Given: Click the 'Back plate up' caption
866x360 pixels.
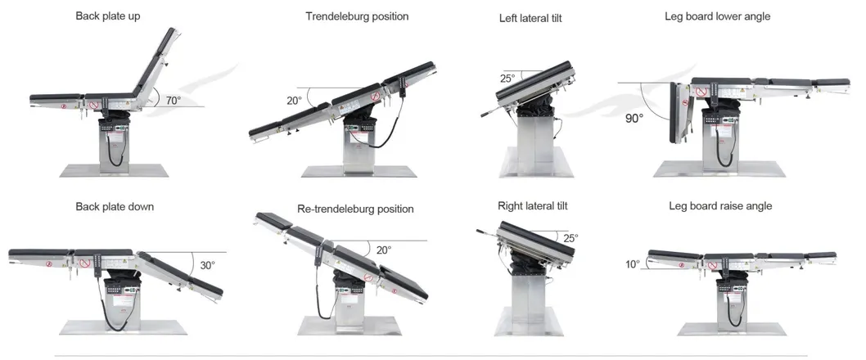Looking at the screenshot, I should [109, 16].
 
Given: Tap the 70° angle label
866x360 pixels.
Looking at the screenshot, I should [173, 101].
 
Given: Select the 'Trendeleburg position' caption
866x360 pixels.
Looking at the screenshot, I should [357, 16].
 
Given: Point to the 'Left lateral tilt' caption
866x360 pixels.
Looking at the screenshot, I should [530, 18].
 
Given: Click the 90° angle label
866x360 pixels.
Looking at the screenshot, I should [634, 118].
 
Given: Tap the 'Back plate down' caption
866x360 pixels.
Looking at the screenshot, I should [115, 207].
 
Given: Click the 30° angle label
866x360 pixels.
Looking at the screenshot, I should [207, 265].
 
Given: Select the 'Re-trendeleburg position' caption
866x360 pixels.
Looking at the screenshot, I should [355, 209].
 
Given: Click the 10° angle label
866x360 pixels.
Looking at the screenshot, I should [633, 263].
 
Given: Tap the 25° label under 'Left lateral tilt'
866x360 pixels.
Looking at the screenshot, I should [507, 79].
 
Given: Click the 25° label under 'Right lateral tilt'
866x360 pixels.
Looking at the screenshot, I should [571, 238].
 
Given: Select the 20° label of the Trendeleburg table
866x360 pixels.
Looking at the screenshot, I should [294, 101].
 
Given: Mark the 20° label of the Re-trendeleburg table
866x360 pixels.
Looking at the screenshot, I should [383, 250].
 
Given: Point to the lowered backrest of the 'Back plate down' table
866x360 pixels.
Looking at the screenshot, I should [180, 272].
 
